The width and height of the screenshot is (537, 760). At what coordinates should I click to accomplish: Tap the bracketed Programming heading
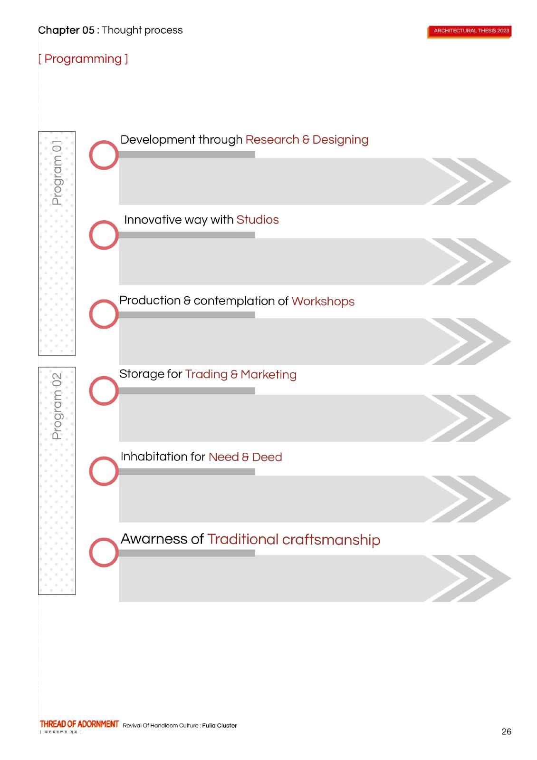83,59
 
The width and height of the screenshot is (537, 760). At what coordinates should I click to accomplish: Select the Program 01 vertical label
57,173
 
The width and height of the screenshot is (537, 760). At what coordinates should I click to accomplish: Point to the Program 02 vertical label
57,406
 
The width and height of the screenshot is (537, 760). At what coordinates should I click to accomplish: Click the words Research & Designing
307,140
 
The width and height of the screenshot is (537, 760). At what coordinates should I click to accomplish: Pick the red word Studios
257,220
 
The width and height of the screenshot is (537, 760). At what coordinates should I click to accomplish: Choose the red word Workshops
323,301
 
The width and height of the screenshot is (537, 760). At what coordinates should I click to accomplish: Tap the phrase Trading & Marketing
240,374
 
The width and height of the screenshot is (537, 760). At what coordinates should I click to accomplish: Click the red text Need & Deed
245,457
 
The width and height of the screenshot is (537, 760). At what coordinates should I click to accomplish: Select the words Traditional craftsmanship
293,539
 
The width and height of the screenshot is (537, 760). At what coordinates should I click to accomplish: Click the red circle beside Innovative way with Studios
104,235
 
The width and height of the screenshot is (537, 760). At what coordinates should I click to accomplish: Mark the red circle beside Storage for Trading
104,391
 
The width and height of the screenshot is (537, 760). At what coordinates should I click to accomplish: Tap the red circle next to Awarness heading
104,552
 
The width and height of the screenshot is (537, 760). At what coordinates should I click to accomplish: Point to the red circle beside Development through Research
104,155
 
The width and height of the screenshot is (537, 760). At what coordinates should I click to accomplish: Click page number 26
506,731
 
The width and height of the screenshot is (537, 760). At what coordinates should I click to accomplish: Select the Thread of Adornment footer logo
79,724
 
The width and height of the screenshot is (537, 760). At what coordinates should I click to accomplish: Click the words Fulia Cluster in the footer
219,726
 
